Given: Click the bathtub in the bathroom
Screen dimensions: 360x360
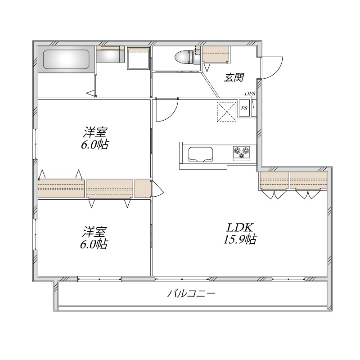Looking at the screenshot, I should pos(66,59).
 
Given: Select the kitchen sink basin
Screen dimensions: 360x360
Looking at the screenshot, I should pos(200,154).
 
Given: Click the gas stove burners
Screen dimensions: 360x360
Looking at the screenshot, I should pos(242,152).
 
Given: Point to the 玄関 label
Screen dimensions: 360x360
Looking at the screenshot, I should pos(234,77).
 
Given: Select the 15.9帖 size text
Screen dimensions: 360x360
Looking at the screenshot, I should pos(239,239).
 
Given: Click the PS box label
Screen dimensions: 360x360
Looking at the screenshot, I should pos(244,108).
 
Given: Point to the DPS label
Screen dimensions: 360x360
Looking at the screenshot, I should pos(250,94).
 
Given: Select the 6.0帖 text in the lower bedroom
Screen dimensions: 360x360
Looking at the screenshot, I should pos(95,244).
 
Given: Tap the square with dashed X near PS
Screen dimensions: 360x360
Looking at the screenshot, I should pos(227,112).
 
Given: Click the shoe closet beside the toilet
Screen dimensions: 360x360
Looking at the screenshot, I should pos(216,54).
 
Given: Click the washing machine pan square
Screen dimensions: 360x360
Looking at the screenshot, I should pos(138,58).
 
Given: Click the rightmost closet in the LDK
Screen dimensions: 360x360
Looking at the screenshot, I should pos(308,180).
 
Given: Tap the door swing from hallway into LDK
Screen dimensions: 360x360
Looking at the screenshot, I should pos(166,111).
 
